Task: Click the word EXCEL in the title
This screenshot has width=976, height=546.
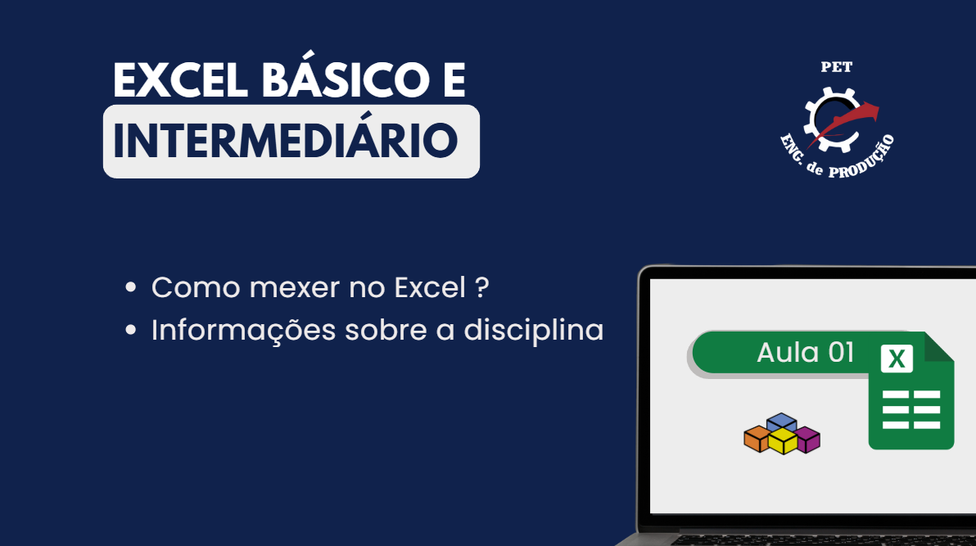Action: point(180,79)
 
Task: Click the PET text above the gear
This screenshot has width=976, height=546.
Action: point(836,67)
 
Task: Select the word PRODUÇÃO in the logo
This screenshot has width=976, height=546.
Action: point(864,159)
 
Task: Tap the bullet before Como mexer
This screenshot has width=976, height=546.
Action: point(131,287)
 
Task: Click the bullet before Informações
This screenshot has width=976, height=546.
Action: point(131,330)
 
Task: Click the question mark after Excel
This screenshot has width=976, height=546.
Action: point(481,287)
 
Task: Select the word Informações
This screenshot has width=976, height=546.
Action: point(243,331)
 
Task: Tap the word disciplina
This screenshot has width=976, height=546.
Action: point(533,329)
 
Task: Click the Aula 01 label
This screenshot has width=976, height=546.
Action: point(805,352)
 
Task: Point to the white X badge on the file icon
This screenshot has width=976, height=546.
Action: point(897,359)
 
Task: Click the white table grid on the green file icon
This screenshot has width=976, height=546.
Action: point(911,409)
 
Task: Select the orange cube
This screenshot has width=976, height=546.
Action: point(757,438)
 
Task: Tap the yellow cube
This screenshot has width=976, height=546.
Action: point(783,441)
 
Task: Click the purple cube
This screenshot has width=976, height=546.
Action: point(807,439)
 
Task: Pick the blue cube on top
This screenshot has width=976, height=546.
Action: point(782,422)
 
